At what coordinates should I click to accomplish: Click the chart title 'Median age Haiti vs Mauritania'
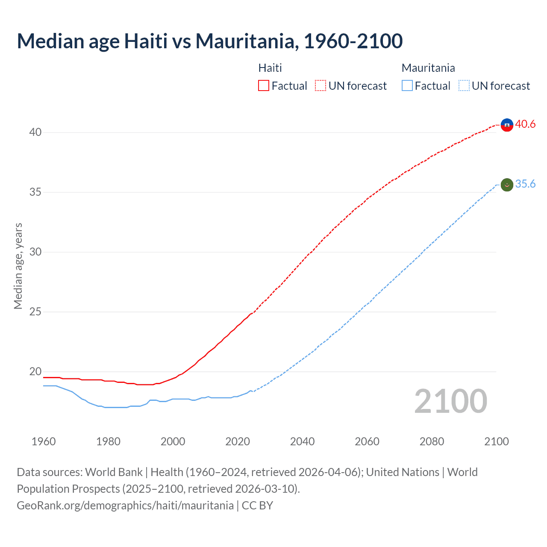(209, 41)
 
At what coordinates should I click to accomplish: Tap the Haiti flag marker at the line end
(507, 125)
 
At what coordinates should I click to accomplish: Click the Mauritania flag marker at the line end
(507, 185)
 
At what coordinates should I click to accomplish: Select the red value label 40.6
(525, 124)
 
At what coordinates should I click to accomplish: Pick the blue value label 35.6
(525, 184)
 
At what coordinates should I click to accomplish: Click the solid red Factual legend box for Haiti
(264, 85)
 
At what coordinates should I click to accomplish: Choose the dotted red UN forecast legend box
(321, 85)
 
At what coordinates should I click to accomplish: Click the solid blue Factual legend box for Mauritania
(407, 85)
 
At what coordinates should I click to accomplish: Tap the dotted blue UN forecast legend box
(464, 85)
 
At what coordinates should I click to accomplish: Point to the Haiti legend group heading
(270, 68)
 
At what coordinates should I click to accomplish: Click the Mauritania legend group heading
(428, 68)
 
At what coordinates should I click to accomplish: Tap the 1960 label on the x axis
(44, 441)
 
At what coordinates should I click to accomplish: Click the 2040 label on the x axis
(302, 441)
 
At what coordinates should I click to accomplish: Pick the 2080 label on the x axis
(432, 441)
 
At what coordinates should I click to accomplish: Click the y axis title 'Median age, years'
(18, 266)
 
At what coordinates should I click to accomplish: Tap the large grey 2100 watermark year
(450, 401)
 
